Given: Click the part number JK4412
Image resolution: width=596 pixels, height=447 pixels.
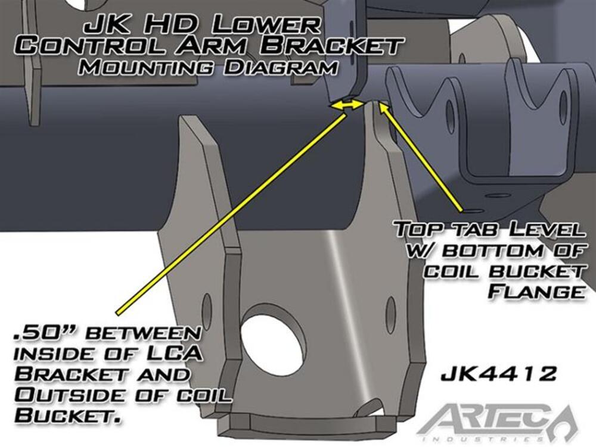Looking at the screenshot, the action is point(498,374).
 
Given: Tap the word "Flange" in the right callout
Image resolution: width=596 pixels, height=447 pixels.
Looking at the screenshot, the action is point(536,292).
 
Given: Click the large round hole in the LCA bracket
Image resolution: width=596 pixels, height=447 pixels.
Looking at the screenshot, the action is point(274,336).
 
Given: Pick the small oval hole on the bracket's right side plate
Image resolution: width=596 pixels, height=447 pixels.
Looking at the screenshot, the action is point(391,310).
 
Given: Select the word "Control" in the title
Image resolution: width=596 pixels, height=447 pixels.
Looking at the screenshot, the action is point(90,46).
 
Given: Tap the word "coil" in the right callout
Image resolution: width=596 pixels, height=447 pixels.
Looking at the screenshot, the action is point(452,271).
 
